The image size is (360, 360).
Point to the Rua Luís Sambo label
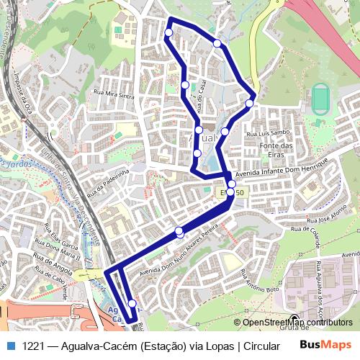[x=268, y=133]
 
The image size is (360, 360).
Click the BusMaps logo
[x=325, y=346]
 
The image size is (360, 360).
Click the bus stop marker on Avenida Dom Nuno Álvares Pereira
[x=179, y=231]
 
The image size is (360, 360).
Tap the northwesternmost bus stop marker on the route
[x=168, y=32]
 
